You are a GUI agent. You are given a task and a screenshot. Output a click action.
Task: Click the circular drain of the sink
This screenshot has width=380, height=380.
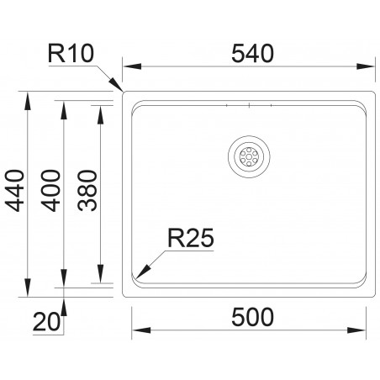248,156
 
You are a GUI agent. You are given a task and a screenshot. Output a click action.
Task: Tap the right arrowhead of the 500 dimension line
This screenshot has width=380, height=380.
366,329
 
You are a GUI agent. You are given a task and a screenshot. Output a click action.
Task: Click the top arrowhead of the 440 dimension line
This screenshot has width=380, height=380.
28,95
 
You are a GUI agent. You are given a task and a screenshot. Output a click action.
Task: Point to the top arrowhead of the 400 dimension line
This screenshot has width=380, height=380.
66,103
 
